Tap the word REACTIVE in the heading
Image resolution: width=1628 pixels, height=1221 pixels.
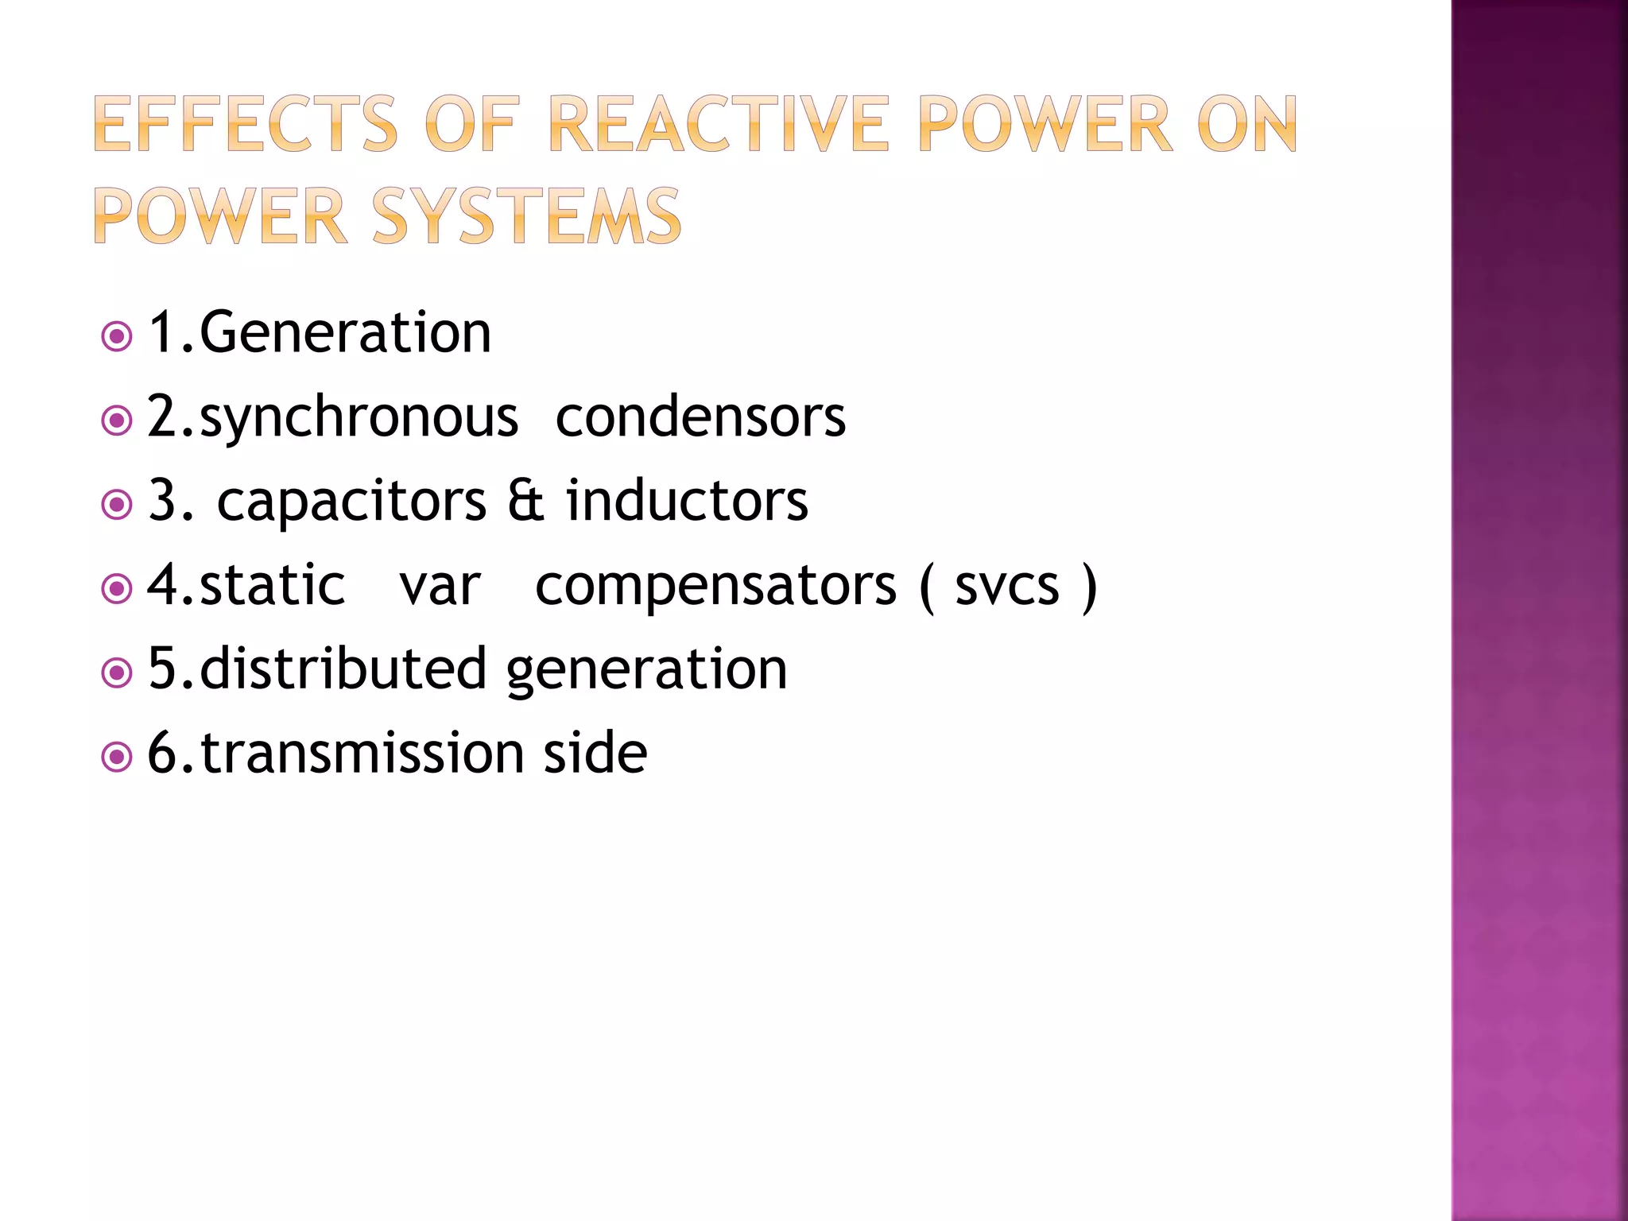tap(717, 124)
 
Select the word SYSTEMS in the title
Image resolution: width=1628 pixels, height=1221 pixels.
tap(526, 216)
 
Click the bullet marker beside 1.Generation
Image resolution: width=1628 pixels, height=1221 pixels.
tap(117, 336)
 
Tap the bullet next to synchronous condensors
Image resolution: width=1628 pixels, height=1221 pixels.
tap(117, 420)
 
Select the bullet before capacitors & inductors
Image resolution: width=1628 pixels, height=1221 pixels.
tap(117, 504)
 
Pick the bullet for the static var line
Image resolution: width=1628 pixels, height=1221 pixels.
tap(117, 588)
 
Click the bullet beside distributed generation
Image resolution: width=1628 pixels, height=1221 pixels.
tap(117, 673)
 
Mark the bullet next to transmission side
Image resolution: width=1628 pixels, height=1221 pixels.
tap(117, 757)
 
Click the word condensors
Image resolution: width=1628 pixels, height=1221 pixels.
tap(700, 417)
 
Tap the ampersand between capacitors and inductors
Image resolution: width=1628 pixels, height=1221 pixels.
tap(525, 502)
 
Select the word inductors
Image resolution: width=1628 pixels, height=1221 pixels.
tap(687, 502)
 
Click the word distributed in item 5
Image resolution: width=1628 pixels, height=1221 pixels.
tap(343, 669)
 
